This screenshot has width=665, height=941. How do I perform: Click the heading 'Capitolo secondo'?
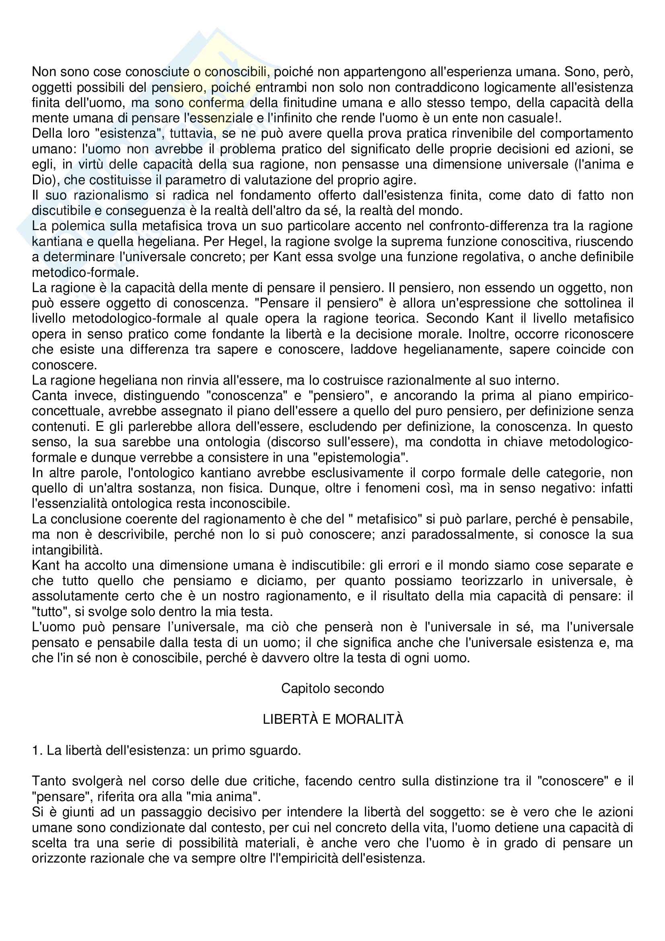click(x=332, y=688)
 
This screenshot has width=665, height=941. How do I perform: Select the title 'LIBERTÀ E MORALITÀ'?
click(x=333, y=719)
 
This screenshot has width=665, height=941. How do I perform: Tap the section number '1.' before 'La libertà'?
click(x=37, y=750)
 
